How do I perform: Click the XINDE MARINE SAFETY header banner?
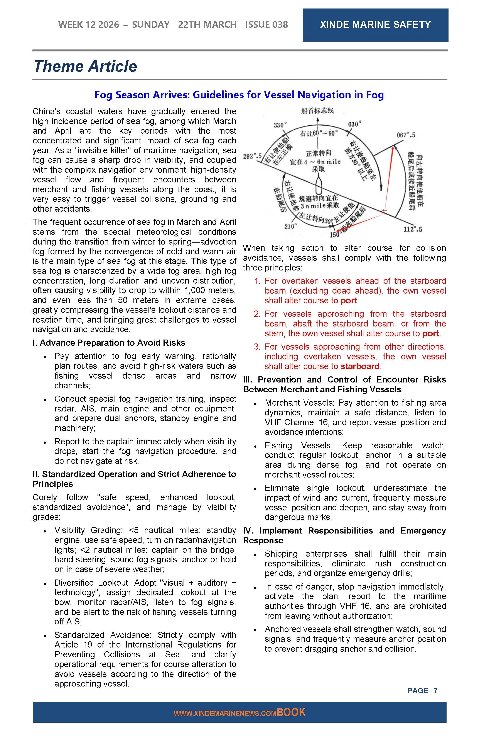pyautogui.click(x=375, y=25)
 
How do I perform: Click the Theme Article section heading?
pyautogui.click(x=85, y=66)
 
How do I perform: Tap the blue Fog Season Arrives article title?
pyautogui.click(x=239, y=95)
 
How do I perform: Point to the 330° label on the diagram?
pyautogui.click(x=280, y=125)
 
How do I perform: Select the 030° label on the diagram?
pyautogui.click(x=355, y=124)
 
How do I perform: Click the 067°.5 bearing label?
pyautogui.click(x=406, y=135)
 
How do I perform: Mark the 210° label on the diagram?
pyautogui.click(x=290, y=226)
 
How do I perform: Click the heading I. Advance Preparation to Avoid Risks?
pyautogui.click(x=109, y=343)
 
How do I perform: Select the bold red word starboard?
pyautogui.click(x=360, y=366)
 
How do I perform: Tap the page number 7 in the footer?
pyautogui.click(x=435, y=691)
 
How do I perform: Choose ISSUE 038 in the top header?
pyautogui.click(x=266, y=25)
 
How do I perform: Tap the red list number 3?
pyautogui.click(x=257, y=347)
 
